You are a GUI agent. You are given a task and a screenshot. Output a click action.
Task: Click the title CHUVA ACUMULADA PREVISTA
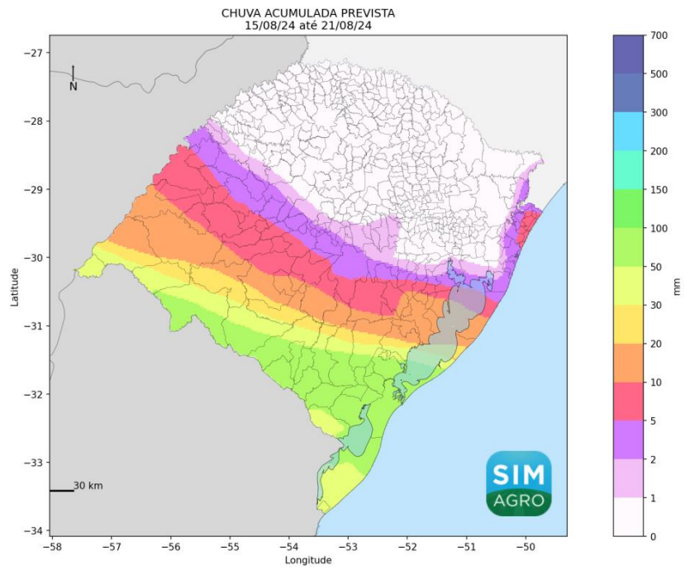point(307,14)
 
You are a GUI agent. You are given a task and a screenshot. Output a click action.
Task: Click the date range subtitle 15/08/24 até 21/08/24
point(307,26)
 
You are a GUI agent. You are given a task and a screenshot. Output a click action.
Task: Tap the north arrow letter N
point(73,86)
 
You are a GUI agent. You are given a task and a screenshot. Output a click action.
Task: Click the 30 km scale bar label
point(88,486)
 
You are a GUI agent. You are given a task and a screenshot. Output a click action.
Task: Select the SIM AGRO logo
point(518,483)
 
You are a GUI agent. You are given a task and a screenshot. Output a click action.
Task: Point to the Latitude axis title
point(15,285)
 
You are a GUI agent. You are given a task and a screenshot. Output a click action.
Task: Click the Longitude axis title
point(307,560)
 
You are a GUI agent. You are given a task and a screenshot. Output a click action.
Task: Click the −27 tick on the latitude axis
point(36,53)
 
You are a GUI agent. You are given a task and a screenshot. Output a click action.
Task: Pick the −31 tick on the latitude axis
point(36,326)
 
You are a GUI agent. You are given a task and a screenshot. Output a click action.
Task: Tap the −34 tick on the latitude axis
point(36,530)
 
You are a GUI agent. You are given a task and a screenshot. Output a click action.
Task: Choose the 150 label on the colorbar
point(659,189)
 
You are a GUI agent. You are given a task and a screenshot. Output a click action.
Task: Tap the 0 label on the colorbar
point(653,537)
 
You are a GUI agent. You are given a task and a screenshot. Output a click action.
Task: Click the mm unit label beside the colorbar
point(678,285)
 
